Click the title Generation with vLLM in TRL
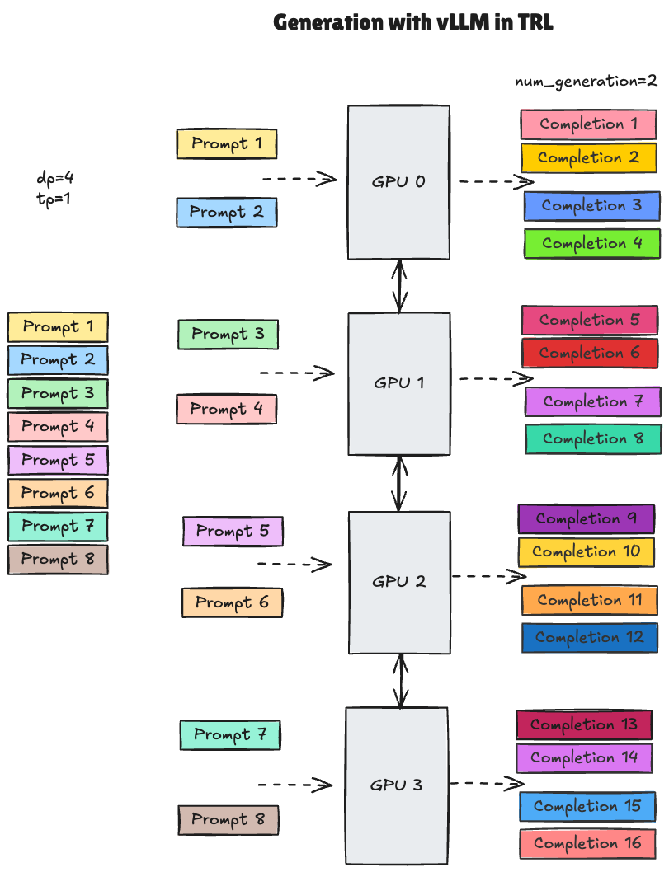(x=412, y=22)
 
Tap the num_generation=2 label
(x=586, y=81)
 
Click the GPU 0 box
(x=398, y=182)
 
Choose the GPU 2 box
(x=399, y=582)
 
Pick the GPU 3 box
(x=396, y=785)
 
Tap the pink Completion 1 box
(x=588, y=124)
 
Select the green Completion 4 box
(x=591, y=244)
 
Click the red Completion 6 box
(x=589, y=354)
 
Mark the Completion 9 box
(x=586, y=519)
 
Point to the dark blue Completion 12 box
(x=589, y=638)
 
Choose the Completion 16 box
(x=587, y=843)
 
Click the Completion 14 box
(x=584, y=758)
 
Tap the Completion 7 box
(x=592, y=402)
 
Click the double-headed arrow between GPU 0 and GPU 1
(x=400, y=286)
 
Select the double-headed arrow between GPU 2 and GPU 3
(x=401, y=681)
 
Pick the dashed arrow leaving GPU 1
(x=496, y=379)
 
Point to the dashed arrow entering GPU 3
(x=294, y=785)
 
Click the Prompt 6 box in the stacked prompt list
(x=58, y=493)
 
